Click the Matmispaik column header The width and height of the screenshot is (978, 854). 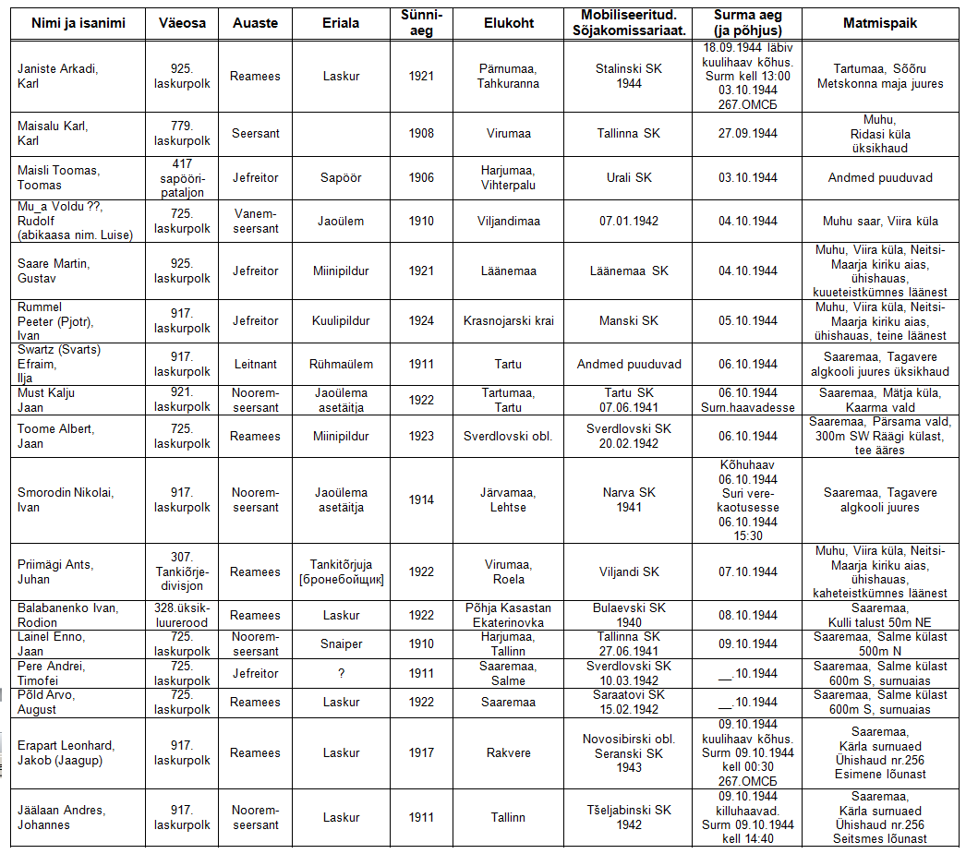[879, 23]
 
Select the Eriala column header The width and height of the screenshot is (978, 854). [341, 23]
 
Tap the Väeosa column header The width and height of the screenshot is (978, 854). [182, 23]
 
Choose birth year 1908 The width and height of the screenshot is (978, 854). [421, 134]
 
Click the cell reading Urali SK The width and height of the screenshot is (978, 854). [631, 177]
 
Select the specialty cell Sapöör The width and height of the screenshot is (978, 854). [341, 177]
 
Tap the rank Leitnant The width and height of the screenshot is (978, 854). [255, 365]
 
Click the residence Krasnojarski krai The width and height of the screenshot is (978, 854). [509, 320]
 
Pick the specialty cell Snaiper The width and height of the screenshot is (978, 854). [341, 644]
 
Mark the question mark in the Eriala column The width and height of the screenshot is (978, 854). [341, 673]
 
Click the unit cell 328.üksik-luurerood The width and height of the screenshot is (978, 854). [182, 615]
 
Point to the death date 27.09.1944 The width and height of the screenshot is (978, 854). [748, 134]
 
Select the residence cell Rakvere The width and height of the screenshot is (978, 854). [509, 752]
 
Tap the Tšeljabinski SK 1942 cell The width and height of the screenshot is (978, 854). [631, 817]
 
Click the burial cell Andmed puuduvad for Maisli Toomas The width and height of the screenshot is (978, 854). [879, 177]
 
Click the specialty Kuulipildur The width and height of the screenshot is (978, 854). [341, 320]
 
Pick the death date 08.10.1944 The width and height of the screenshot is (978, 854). [748, 615]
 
